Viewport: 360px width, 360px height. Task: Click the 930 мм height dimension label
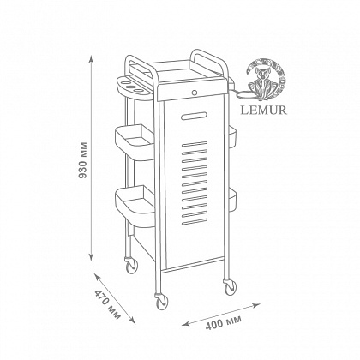[83, 160]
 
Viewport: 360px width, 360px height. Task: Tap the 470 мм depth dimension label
[108, 304]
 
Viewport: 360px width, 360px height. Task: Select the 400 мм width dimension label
[223, 322]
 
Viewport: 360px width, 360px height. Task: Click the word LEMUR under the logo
[263, 110]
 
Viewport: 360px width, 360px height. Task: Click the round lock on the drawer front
[195, 93]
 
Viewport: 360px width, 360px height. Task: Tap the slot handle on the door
[195, 116]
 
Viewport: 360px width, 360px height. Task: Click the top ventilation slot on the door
[195, 144]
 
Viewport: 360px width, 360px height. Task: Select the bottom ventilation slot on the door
[195, 221]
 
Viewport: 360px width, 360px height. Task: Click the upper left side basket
[135, 142]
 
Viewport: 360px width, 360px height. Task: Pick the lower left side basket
[135, 206]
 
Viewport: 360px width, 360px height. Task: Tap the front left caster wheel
[162, 302]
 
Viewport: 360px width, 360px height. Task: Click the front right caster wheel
[230, 286]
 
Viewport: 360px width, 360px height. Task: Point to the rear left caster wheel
[131, 265]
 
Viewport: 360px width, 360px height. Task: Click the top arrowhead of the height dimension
[91, 59]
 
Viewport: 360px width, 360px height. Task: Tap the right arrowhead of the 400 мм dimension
[256, 305]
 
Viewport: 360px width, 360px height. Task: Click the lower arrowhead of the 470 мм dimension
[132, 321]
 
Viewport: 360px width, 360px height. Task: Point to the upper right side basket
[232, 137]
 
